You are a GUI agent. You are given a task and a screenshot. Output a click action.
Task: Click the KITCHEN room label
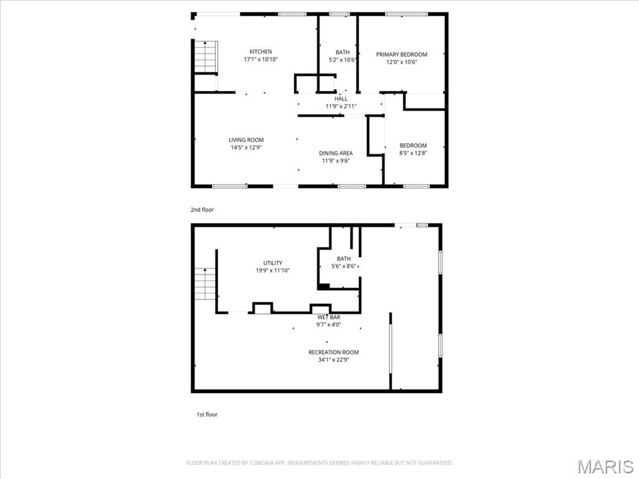point(260,52)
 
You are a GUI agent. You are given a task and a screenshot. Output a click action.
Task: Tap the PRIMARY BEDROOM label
point(401,55)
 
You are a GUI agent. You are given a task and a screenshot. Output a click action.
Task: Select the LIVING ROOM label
point(246,140)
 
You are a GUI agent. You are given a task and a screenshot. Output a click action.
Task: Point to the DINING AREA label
point(336,153)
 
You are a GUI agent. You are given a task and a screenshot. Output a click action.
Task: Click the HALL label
point(341,99)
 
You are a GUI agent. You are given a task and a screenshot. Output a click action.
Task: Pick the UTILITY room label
point(273,263)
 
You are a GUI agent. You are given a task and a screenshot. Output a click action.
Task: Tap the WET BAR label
point(329,317)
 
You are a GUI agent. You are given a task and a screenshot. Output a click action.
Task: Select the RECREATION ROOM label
point(334,352)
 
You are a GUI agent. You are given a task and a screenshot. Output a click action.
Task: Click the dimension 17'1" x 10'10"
point(261,59)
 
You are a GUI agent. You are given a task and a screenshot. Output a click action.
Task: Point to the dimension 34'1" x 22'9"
point(334,360)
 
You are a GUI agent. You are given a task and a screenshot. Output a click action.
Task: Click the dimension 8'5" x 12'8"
point(413,153)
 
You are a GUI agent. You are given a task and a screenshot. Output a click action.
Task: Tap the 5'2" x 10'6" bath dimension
point(343,60)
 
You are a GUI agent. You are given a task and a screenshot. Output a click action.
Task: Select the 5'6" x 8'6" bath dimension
point(344,266)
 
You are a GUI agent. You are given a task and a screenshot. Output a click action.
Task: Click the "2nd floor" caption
point(202,210)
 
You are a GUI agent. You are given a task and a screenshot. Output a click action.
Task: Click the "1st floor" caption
point(207,415)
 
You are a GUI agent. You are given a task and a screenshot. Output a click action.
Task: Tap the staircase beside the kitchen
point(205,57)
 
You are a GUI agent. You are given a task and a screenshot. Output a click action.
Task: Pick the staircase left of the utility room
point(204,284)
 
